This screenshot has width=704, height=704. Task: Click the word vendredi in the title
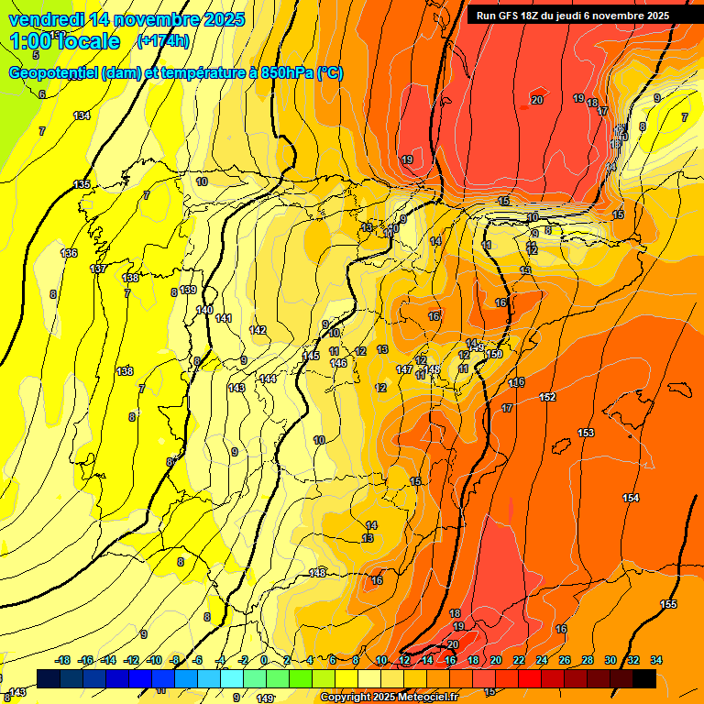47,19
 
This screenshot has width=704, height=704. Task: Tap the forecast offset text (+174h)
163,40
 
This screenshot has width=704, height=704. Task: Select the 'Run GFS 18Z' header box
572,16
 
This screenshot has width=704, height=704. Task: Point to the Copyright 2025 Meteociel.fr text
389,698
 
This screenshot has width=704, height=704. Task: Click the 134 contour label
82,115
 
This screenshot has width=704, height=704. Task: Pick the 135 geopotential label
82,184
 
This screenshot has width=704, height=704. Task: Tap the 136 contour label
69,253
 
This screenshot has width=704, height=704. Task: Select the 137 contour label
98,269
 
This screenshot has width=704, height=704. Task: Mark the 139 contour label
188,290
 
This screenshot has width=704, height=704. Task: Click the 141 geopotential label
225,318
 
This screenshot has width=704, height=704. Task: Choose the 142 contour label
258,330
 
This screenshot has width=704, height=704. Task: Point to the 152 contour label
547,397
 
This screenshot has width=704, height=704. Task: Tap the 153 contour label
586,433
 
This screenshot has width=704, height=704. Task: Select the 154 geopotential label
631,498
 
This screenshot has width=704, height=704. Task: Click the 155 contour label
668,604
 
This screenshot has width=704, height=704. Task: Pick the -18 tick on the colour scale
63,660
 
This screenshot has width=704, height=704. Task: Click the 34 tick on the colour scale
656,660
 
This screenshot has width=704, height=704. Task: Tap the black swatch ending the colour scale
644,678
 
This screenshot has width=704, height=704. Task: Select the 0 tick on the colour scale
264,660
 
